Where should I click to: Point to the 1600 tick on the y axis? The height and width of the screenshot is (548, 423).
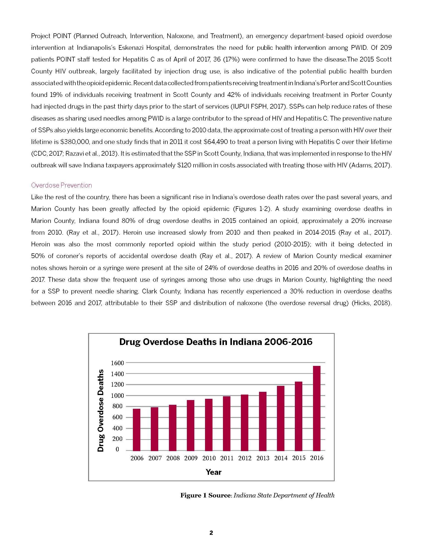tap(117, 363)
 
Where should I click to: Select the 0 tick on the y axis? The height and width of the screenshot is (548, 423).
tap(117, 449)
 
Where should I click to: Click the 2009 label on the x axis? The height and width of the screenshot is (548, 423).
tap(191, 458)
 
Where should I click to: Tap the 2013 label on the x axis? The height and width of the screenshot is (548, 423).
tap(263, 458)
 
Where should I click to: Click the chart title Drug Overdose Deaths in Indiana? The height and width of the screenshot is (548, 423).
tap(216, 342)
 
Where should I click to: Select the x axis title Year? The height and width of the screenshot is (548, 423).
tap(213, 472)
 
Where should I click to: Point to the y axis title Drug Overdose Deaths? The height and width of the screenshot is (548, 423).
tap(101, 410)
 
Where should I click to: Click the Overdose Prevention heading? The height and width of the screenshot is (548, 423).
tap(61, 185)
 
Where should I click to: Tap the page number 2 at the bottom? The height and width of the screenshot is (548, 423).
tap(211, 533)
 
